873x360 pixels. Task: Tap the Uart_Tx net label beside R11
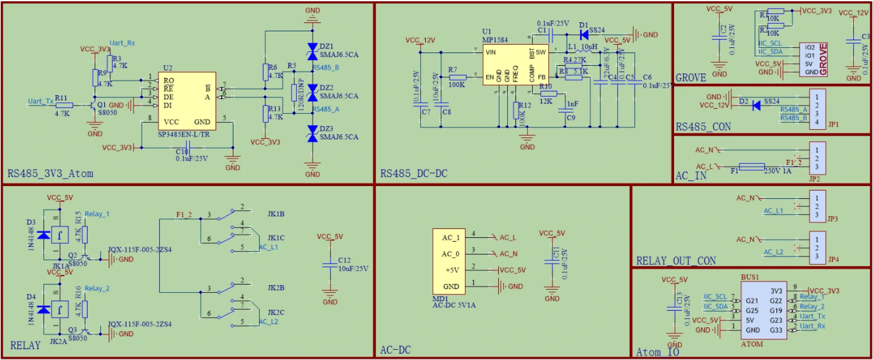tap(40, 101)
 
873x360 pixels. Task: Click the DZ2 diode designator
tap(326, 87)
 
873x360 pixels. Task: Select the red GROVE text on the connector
tap(823, 59)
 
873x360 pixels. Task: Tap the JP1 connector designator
tap(832, 124)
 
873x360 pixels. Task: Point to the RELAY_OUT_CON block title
tap(676, 260)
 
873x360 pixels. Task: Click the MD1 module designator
tap(439, 298)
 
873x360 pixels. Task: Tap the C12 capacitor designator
tap(345, 260)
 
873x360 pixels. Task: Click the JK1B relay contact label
tap(276, 213)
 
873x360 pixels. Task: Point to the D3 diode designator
tap(31, 223)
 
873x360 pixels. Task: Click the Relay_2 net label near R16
tap(97, 288)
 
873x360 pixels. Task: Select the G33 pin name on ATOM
tap(776, 330)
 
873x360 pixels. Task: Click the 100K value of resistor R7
tap(457, 84)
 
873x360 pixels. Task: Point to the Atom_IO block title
tap(657, 352)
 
